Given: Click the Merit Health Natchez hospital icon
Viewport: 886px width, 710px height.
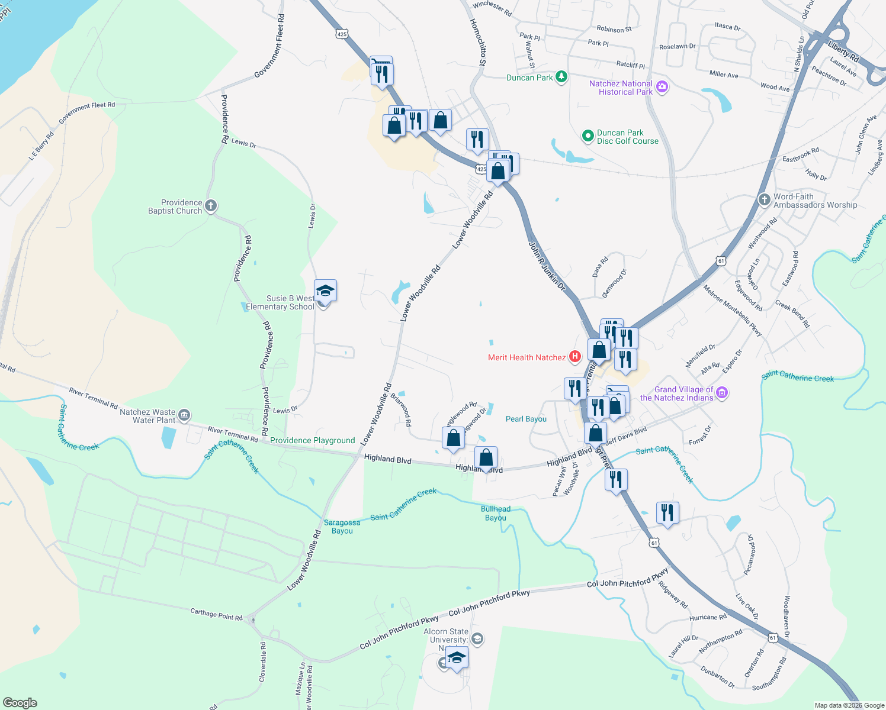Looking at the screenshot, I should [x=574, y=357].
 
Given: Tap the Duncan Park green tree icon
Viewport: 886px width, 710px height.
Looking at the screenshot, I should [x=561, y=77].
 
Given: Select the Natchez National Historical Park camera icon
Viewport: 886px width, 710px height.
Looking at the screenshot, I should [x=662, y=88].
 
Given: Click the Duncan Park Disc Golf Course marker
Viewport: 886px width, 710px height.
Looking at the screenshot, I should [x=588, y=137].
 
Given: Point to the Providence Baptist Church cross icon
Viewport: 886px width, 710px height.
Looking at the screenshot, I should [x=211, y=206].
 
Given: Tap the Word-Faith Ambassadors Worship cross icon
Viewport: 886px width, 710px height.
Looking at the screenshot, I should [x=765, y=200].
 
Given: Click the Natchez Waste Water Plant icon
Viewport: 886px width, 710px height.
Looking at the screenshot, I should [x=184, y=415].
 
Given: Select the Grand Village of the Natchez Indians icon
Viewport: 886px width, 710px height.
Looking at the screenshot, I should [x=721, y=393].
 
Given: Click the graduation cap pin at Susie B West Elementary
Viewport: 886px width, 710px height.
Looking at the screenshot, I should [x=325, y=291].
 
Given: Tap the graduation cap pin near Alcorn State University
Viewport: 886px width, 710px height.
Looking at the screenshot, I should [x=457, y=657].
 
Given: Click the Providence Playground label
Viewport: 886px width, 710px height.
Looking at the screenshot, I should [x=312, y=440].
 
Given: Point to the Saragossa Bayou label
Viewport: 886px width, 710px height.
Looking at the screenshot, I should [x=342, y=527].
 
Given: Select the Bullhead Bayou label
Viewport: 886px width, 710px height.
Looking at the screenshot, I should [x=496, y=513].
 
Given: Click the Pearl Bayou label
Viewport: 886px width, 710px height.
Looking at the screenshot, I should [x=526, y=419].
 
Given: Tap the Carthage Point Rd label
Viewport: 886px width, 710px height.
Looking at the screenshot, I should [x=216, y=615].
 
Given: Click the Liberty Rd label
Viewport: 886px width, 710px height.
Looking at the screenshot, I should [x=843, y=52].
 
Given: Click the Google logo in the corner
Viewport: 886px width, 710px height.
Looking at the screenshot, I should [x=20, y=702].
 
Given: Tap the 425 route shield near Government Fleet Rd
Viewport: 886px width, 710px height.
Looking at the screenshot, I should [x=342, y=34].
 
